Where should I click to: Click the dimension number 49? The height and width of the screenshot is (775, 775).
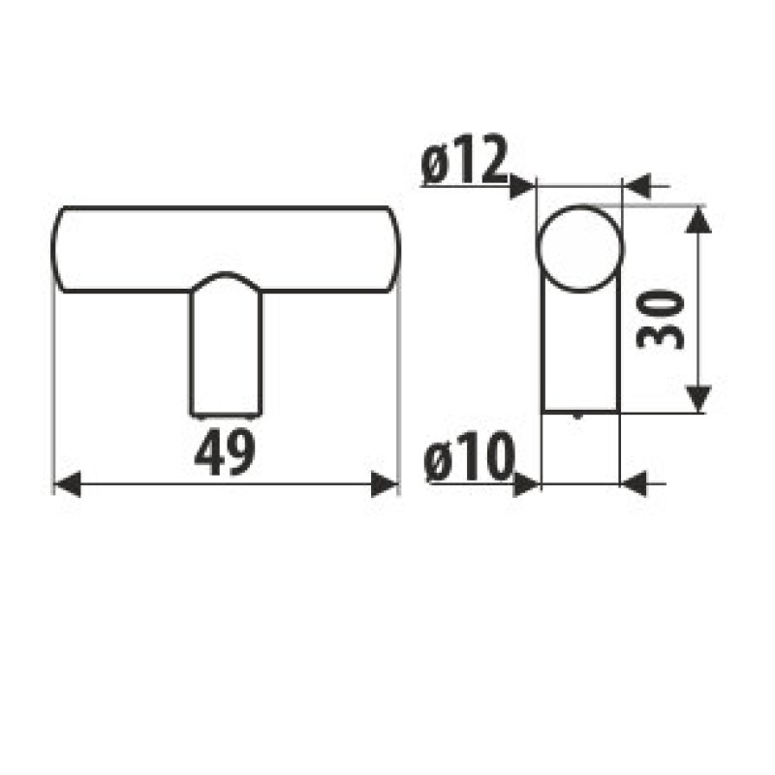tap(225, 452)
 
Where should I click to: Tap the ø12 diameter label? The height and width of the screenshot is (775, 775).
tap(465, 159)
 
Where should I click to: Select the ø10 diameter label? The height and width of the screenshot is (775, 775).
tap(469, 456)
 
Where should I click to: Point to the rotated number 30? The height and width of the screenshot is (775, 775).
tap(661, 320)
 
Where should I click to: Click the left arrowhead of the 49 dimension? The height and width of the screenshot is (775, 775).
tap(67, 483)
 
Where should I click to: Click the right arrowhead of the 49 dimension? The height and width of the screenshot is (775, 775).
tap(384, 483)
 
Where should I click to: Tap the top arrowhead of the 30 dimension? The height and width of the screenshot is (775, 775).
tap(697, 220)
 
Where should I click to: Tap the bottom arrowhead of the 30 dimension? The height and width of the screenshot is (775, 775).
tap(697, 398)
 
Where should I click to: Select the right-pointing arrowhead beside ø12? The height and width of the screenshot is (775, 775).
tap(522, 187)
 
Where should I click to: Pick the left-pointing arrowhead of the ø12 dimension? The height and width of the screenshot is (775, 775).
tap(637, 187)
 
